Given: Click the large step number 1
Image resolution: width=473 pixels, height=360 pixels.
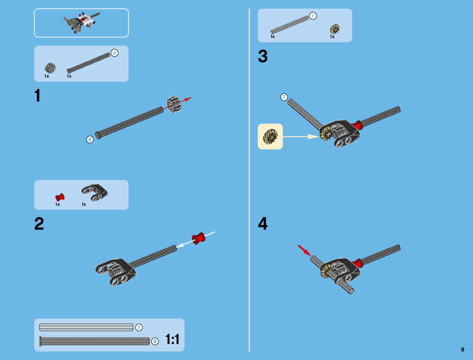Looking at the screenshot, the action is click(37, 96).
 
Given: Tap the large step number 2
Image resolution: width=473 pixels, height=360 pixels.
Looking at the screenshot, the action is click(39, 224).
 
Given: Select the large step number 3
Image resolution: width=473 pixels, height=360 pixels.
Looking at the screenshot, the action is click(263, 57).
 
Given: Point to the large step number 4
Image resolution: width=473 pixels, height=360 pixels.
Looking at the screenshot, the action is click(263, 224).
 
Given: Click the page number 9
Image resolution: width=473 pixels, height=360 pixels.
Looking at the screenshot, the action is click(462, 350).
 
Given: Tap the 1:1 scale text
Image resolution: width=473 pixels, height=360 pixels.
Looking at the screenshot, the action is click(172, 339).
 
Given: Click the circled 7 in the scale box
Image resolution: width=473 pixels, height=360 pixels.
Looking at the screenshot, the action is click(139, 328).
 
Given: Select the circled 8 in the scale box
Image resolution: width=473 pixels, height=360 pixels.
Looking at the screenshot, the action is click(155, 342).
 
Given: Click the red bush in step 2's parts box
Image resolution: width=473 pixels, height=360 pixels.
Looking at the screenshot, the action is click(60, 197).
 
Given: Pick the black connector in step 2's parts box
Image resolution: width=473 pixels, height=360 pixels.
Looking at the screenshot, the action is click(94, 192).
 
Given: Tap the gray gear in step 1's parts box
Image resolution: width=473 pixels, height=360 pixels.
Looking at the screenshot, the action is click(50, 68).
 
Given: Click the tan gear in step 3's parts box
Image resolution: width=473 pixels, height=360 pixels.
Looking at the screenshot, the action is click(335, 29).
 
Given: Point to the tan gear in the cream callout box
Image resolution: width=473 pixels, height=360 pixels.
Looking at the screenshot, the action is click(270, 136).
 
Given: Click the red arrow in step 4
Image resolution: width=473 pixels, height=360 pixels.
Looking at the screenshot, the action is click(304, 250).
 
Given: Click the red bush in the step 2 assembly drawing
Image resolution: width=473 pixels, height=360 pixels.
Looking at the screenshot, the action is click(199, 238).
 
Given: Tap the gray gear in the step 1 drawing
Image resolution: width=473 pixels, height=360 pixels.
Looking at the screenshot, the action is click(174, 104).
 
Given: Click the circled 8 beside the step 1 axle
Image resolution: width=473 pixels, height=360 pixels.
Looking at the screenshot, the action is click(90, 140).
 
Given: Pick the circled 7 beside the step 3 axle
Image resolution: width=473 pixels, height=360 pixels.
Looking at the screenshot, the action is click(284, 97).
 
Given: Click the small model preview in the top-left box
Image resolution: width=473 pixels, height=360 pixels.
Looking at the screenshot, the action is click(81, 23).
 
